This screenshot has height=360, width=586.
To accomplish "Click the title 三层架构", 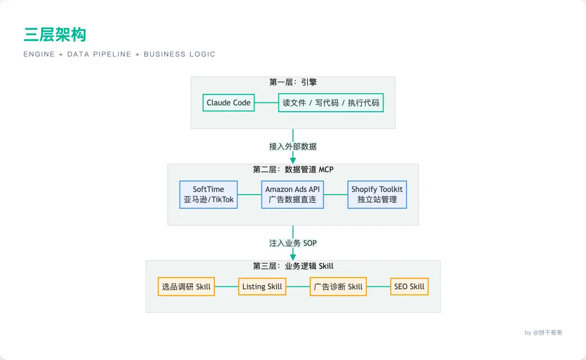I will (x=55, y=35).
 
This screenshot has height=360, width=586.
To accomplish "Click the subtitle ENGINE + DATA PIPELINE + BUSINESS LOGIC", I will (x=119, y=54).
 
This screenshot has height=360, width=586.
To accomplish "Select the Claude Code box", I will (x=228, y=102).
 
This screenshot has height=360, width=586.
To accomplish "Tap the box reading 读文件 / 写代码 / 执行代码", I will (x=330, y=102).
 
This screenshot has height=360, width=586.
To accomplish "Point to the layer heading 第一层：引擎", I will (x=292, y=82).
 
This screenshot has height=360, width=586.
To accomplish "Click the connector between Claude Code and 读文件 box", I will (x=266, y=102).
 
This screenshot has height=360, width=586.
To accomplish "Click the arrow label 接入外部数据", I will (x=292, y=146).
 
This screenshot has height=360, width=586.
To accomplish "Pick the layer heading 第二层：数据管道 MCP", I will (x=292, y=170).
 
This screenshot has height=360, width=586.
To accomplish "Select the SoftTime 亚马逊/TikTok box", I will (x=208, y=195).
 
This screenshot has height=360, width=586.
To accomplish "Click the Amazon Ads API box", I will (x=292, y=195).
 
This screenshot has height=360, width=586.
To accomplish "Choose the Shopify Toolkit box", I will (x=377, y=195).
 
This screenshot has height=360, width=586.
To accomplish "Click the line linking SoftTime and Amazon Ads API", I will (x=249, y=195).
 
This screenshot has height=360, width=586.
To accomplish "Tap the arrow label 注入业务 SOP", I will (x=292, y=243).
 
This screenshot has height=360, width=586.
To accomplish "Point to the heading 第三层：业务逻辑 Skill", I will (x=292, y=266).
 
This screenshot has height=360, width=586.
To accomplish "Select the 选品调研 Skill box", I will (x=186, y=286).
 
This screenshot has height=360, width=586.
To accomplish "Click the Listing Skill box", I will (x=262, y=286).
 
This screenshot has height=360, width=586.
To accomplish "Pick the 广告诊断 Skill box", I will (x=338, y=286).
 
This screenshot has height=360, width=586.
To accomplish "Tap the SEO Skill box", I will (x=409, y=286).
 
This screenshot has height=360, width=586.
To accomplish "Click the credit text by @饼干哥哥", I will (x=543, y=332).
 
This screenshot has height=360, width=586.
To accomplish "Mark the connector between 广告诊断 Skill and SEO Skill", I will (x=378, y=286).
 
